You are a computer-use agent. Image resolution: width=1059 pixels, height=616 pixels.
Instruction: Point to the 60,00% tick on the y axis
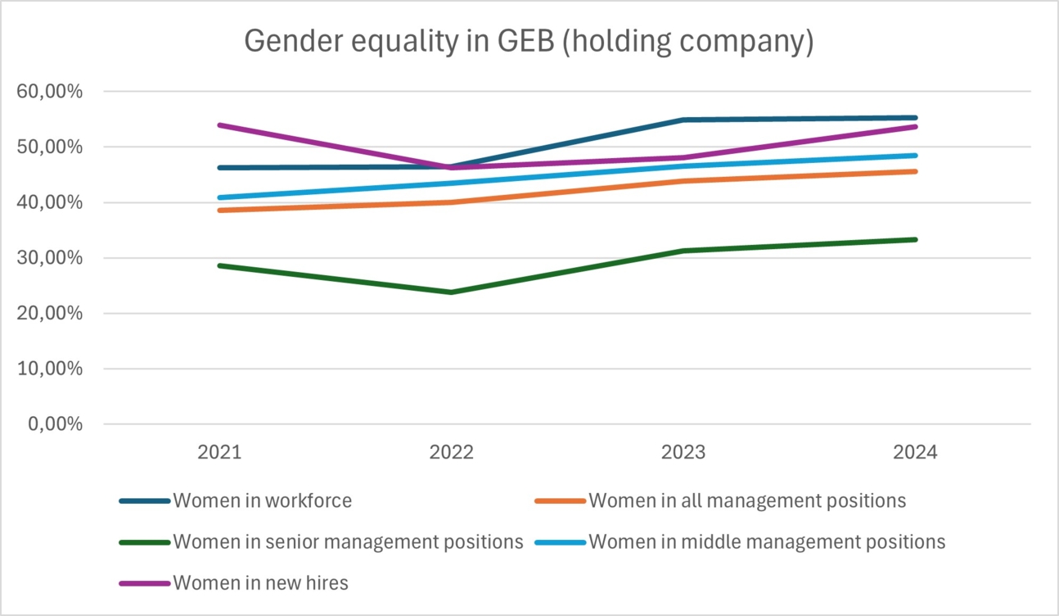[x=50, y=92]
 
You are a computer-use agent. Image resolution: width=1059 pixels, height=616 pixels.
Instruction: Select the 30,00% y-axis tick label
[x=50, y=258]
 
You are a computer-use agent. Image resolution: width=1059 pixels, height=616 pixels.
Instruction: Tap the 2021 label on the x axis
[x=219, y=453]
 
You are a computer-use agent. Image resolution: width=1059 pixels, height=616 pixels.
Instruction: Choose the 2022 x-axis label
[x=451, y=453]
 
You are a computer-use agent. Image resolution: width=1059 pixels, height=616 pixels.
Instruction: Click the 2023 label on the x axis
[x=683, y=453]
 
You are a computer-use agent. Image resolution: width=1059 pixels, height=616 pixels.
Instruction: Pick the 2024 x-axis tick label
[x=915, y=453]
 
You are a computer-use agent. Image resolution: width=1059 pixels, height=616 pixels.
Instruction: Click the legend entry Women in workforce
[x=262, y=500]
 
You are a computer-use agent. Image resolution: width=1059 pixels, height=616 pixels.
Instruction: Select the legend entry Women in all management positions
[x=747, y=500]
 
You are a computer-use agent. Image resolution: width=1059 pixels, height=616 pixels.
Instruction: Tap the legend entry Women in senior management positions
[x=348, y=541]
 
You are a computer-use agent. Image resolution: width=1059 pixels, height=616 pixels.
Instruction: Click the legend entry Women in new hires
[x=260, y=583]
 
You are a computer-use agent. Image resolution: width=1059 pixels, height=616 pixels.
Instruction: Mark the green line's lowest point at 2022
[x=451, y=292]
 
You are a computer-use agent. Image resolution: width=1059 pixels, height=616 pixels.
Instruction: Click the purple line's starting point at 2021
[x=219, y=125]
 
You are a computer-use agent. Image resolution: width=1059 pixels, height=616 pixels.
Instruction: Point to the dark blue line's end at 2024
[x=915, y=118]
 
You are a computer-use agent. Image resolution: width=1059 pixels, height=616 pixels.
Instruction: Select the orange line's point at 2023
[x=683, y=181]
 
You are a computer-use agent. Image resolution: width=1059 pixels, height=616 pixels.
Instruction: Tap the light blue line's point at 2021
[x=219, y=197]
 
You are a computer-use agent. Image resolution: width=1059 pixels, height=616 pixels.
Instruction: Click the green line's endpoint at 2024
[x=915, y=239]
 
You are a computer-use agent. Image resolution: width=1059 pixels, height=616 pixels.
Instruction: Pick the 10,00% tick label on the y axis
[x=50, y=369]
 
